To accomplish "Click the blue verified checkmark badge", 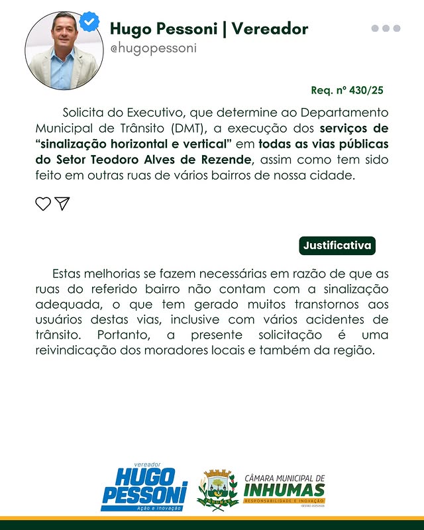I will (x=89, y=22).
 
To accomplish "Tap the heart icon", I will (x=43, y=203).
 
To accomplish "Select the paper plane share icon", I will (x=62, y=203).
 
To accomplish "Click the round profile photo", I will (x=64, y=50).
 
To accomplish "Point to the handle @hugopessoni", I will (x=153, y=49).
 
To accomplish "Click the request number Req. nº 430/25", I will (x=347, y=90).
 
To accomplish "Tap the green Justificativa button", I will (x=337, y=245).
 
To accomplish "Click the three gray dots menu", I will (x=386, y=28).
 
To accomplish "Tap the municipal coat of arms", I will (x=217, y=490).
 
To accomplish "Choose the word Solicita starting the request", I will (x=83, y=112).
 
